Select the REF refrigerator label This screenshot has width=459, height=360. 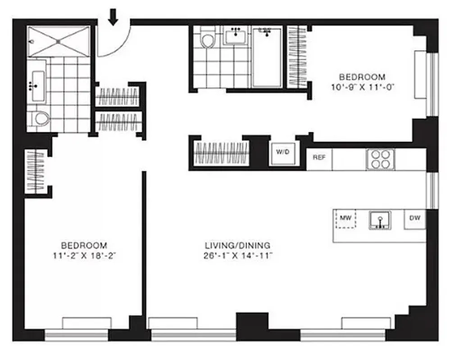(319, 157)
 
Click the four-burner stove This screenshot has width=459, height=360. (380, 159)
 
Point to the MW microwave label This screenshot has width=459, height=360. (345, 218)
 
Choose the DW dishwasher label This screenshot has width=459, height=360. (415, 218)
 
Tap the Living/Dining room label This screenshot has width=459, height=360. (237, 246)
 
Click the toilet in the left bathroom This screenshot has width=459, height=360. (41, 119)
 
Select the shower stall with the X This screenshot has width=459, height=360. (59, 41)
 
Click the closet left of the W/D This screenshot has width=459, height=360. (221, 153)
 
